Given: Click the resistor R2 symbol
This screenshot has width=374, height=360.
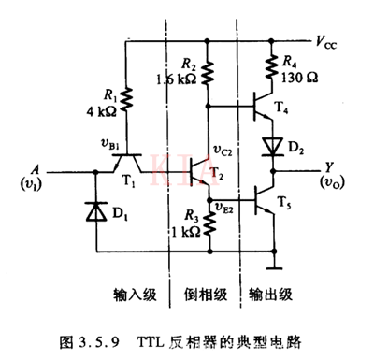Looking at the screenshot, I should point(208,73).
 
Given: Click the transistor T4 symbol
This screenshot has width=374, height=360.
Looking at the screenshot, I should point(264,108).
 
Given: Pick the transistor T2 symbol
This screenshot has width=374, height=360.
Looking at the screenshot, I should point(198,172).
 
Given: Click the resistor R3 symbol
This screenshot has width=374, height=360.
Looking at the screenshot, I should point(208,219).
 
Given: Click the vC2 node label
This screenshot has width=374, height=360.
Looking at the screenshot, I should point(224,152).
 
